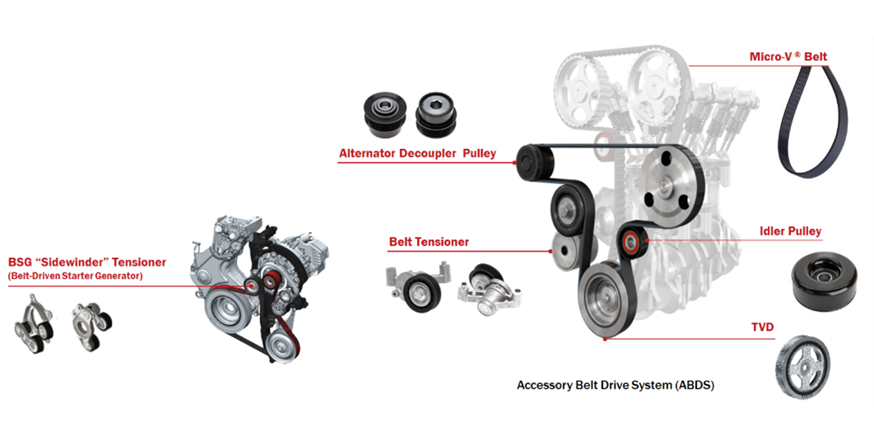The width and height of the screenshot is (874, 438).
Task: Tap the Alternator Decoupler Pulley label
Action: click(417, 153)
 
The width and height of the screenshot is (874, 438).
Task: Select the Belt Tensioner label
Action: click(429, 241)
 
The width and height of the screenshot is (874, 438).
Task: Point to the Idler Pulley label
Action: click(790, 231)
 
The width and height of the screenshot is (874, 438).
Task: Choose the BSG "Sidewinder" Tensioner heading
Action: click(87, 262)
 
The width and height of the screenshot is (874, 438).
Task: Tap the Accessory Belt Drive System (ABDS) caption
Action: click(615, 384)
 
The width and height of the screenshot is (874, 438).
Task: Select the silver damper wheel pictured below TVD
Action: click(805, 365)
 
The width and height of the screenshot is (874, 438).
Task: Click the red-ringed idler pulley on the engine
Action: click(632, 242)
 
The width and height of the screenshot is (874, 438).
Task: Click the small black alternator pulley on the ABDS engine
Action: click(532, 155)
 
